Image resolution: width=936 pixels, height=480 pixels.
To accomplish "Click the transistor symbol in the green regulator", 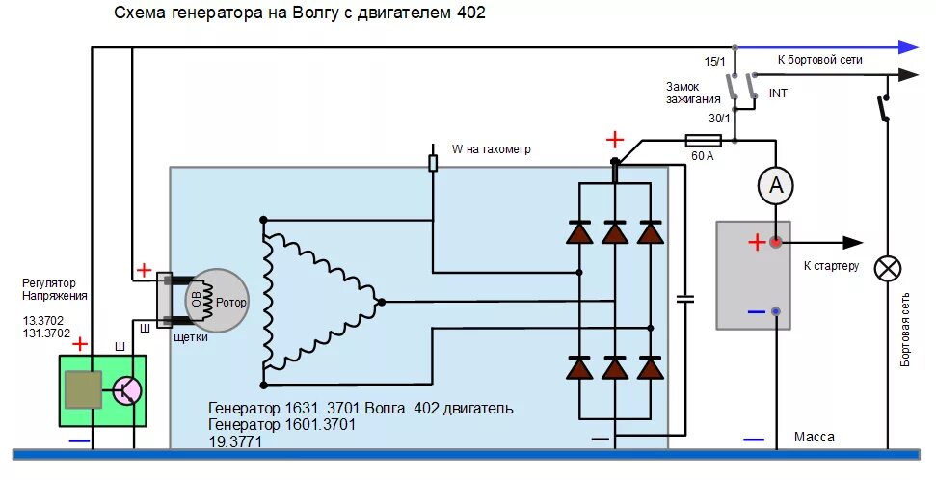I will coord(126,389).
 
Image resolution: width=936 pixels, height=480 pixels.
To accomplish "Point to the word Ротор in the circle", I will coord(230,303).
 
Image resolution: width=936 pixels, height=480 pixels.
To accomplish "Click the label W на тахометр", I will coord(492,149).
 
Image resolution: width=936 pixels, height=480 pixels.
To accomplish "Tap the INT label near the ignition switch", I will coord(779,93).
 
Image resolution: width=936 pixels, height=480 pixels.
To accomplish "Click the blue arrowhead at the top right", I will coord(906,46).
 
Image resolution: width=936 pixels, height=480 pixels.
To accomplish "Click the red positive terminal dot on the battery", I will coord(776,242).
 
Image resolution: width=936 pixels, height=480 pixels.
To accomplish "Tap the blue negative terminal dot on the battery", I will coord(776,311).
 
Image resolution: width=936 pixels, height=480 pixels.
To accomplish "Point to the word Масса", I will coord(815,438).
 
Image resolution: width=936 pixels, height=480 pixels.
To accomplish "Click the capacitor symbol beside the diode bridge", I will coord(685,299).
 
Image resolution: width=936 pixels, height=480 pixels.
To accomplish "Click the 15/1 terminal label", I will coord(714,62).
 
